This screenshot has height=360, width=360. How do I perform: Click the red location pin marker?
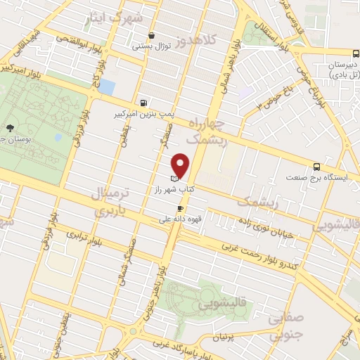pos(181,165)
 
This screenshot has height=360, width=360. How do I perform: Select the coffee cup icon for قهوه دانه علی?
pos(181,209)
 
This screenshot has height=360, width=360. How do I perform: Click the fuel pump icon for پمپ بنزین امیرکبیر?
pos(144,102)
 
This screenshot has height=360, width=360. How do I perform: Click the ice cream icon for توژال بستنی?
pos(151,37)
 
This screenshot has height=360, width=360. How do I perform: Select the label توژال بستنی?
pos(149,46)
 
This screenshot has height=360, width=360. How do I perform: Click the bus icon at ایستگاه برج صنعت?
pos(316,167)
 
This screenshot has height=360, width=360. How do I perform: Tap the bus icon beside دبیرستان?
pos(356,53)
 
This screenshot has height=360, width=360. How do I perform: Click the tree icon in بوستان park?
pos(10,127)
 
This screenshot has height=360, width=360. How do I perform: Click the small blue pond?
pos(107,86)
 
